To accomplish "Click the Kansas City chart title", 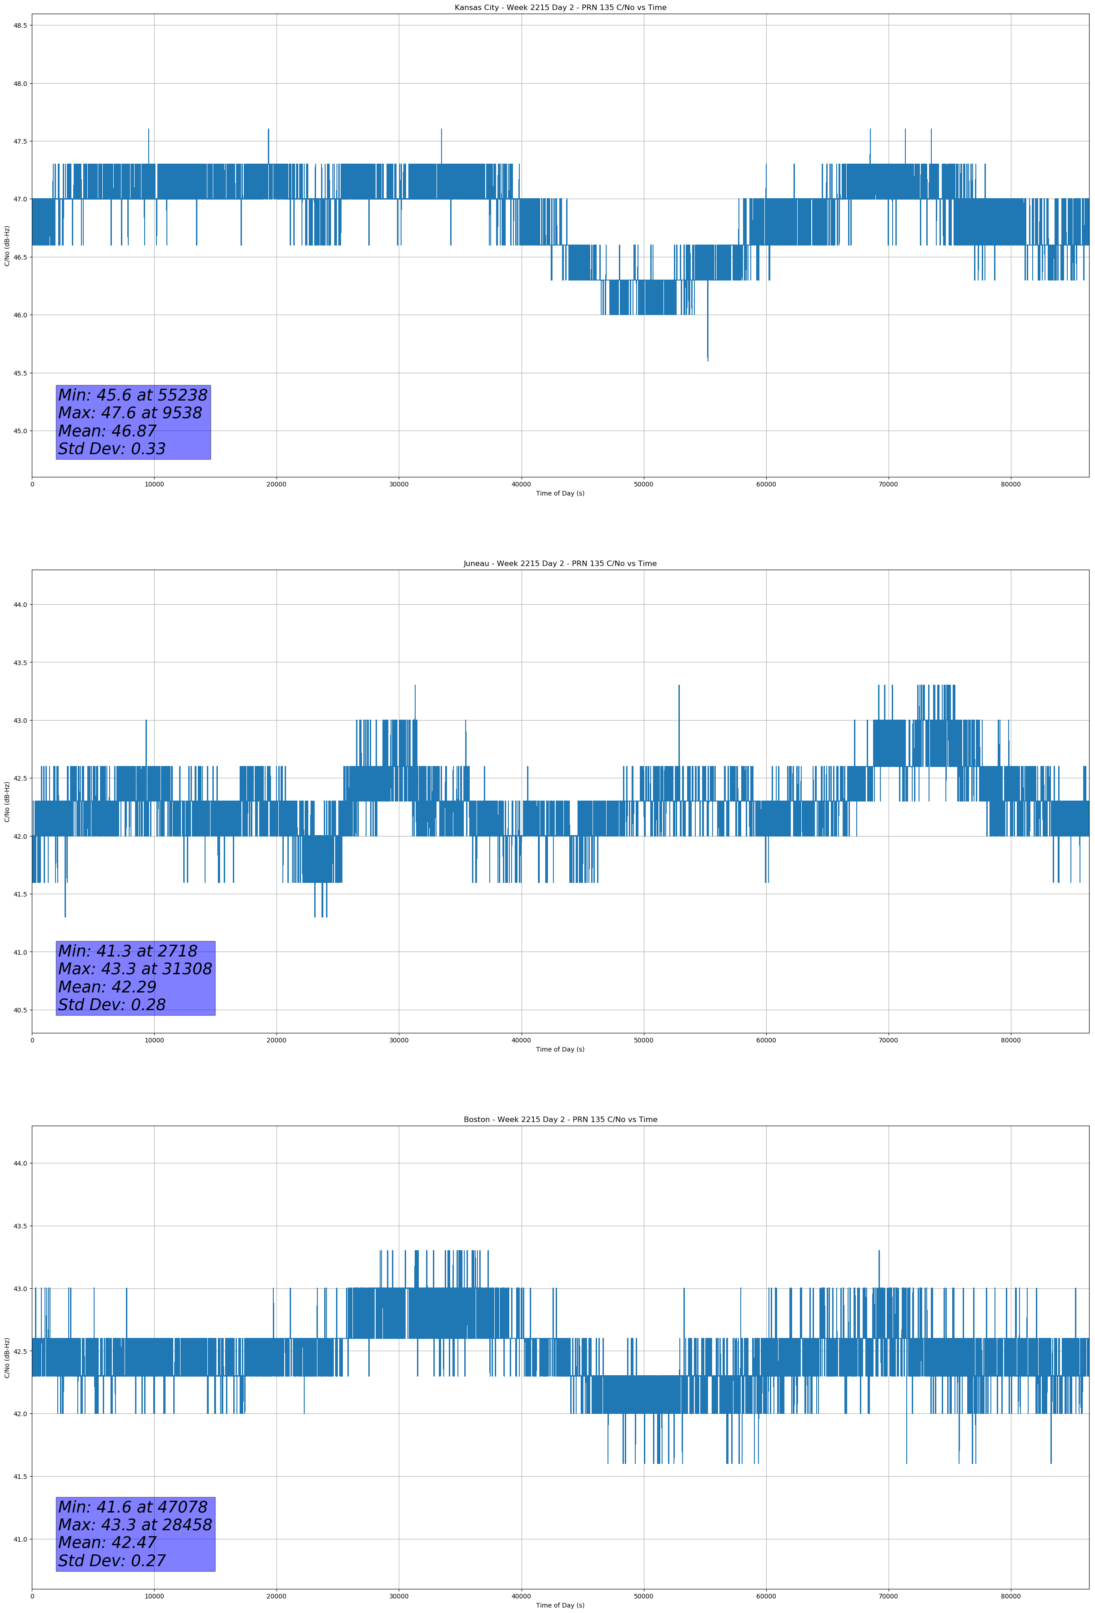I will [x=560, y=8].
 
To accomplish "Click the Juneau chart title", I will [x=560, y=564].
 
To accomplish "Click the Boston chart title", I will [x=560, y=1120].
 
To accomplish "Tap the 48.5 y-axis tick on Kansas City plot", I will [x=20, y=25].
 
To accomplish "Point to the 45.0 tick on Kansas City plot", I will [x=20, y=431].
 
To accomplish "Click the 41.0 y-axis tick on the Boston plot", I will [x=20, y=1539].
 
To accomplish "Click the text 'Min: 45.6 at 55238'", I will [x=133, y=395].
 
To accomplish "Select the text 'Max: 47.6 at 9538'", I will [x=130, y=413].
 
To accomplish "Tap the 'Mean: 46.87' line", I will [x=108, y=431].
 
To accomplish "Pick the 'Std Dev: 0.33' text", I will [x=112, y=449].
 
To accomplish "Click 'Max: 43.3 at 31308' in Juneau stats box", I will [x=135, y=969].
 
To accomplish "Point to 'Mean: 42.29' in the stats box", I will [x=108, y=987].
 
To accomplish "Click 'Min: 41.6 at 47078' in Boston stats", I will [x=133, y=1507].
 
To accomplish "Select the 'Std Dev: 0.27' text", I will [x=112, y=1561].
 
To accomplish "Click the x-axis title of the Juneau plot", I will [x=560, y=1049].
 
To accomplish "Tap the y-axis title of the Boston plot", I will [x=7, y=1358].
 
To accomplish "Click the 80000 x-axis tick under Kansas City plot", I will [x=1010, y=485].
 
